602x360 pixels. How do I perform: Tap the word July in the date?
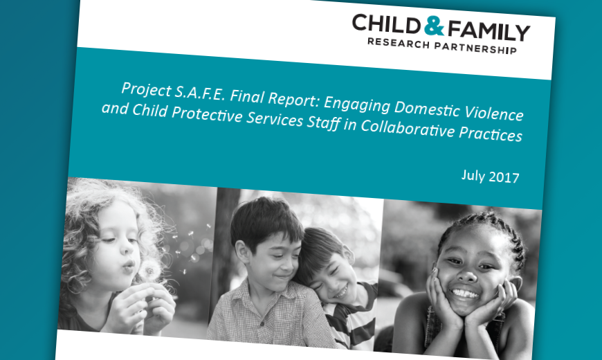point(473,174)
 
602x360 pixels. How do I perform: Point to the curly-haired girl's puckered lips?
point(129,265)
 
